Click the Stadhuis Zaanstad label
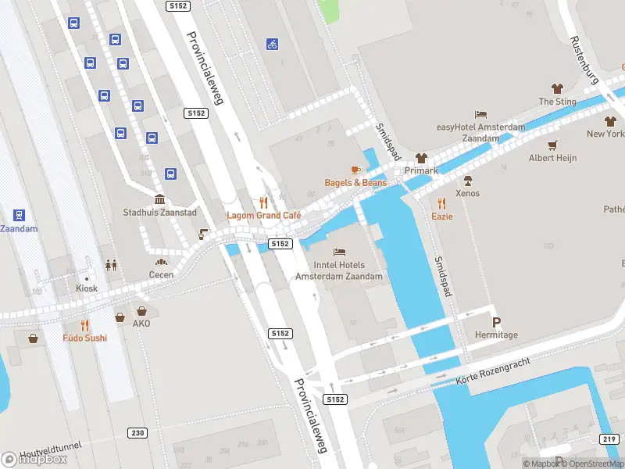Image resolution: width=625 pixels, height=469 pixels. click(160, 213)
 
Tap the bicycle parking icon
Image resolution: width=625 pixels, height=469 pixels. click(272, 45)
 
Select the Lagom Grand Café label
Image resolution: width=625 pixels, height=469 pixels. click(263, 215)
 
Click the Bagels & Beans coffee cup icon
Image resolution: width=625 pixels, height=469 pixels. click(355, 170)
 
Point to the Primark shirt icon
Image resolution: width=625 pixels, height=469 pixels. click(422, 158)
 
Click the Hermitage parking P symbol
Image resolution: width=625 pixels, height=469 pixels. click(496, 322)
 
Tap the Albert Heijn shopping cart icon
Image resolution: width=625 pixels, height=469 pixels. click(553, 145)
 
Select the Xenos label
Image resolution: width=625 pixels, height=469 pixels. click(467, 193)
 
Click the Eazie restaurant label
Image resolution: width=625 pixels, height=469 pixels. click(442, 216)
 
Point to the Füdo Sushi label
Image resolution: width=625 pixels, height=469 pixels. click(84, 338)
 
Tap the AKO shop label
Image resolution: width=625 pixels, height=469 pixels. click(141, 324)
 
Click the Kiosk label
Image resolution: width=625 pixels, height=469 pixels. click(87, 288)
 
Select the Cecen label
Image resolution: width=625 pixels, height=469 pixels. click(161, 275)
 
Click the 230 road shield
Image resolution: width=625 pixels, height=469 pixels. click(137, 432)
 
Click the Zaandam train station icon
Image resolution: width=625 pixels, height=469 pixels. click(19, 215)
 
